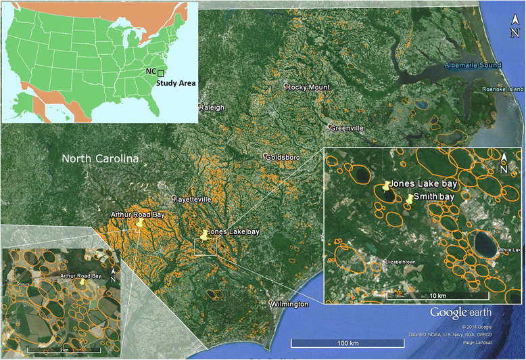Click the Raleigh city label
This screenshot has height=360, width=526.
coord(210,108)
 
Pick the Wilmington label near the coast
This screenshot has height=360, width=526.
coord(290,305)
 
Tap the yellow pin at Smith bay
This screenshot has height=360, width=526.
coord(410,199)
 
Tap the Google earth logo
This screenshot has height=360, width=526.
coord(462,312)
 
